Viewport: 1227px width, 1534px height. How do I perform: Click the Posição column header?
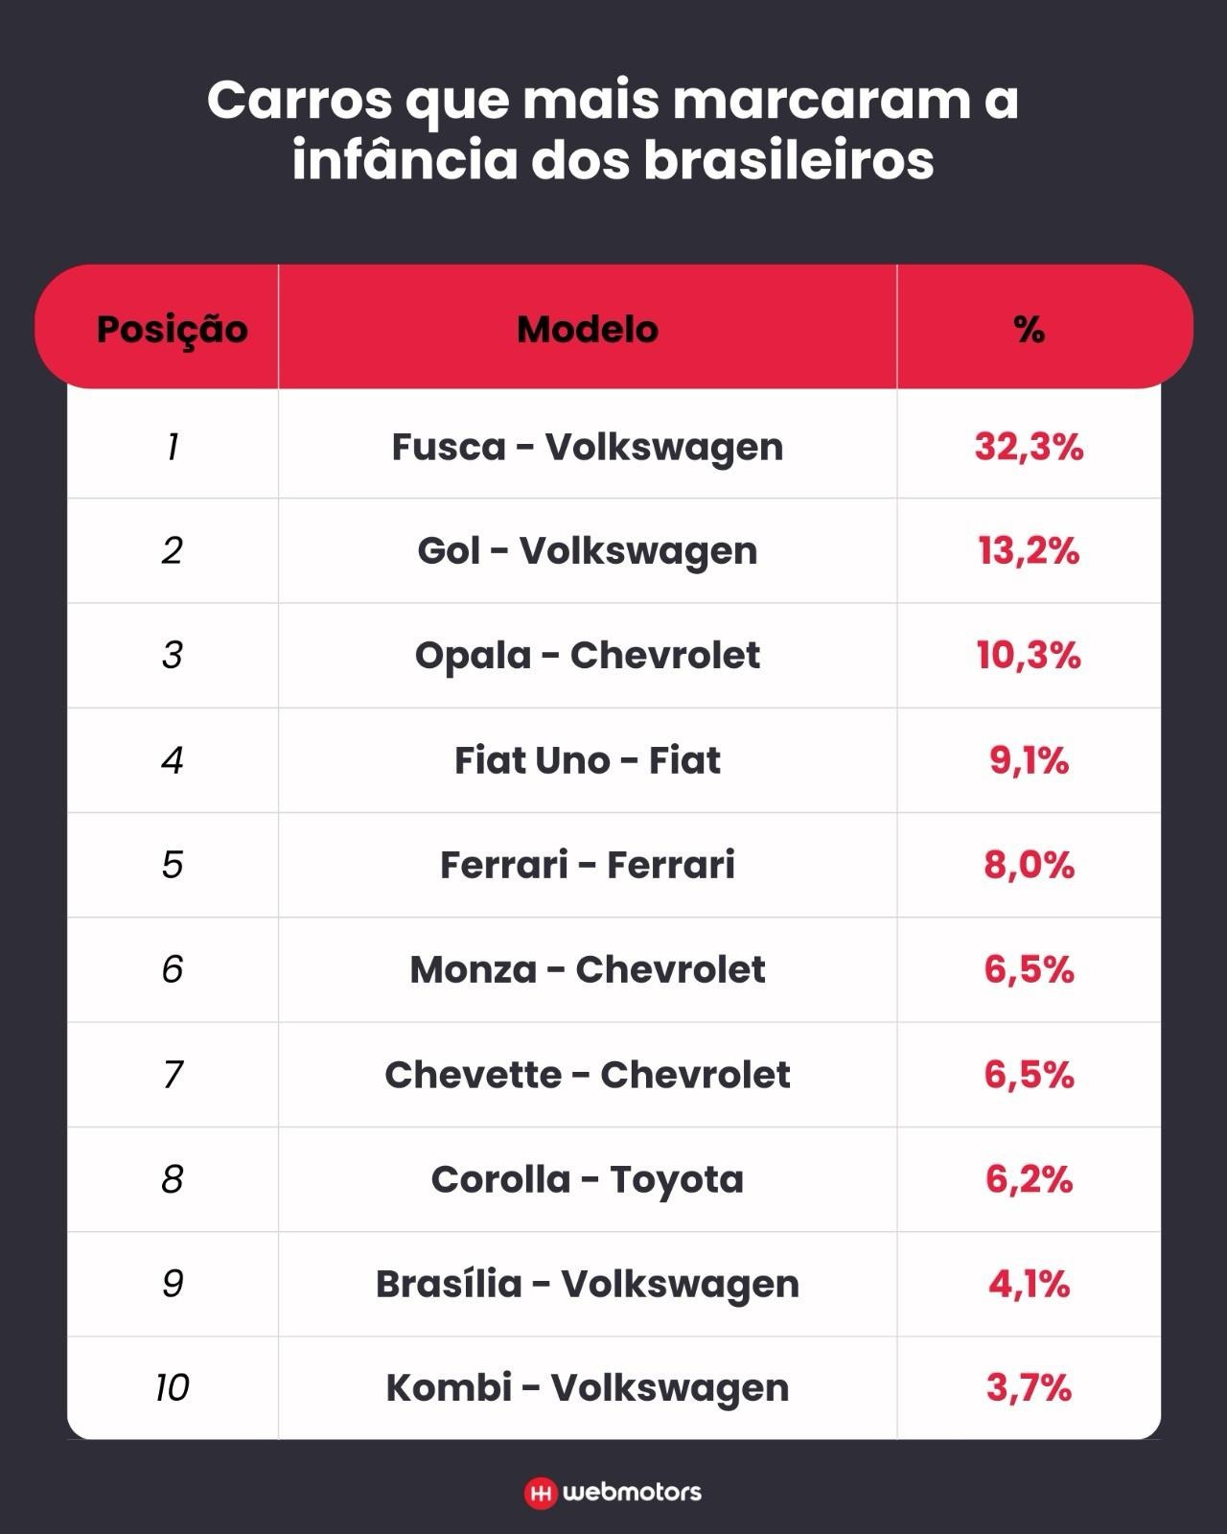(172, 330)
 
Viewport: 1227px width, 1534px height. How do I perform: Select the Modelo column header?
(587, 330)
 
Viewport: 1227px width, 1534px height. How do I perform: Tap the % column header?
(1029, 330)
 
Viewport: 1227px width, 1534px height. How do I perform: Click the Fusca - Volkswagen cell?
(587, 447)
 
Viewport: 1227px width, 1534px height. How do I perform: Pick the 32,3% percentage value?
(1029, 447)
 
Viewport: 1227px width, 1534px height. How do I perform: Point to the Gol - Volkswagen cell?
(587, 551)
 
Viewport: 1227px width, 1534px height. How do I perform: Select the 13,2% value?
(1029, 551)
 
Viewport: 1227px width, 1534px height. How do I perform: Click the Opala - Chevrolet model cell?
(587, 656)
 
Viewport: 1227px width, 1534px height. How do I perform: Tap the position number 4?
(173, 760)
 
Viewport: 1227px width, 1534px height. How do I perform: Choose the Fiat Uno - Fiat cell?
(587, 760)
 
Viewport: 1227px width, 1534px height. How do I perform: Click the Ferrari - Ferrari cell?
(587, 865)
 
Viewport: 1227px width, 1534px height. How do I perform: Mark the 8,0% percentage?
(1029, 865)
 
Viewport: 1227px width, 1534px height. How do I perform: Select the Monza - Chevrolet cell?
(587, 969)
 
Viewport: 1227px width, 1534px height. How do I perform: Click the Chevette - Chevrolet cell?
(587, 1075)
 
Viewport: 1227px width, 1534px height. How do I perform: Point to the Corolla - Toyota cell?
(587, 1179)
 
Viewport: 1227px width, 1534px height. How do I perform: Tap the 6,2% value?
(1029, 1179)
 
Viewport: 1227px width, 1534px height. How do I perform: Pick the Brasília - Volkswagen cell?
(587, 1284)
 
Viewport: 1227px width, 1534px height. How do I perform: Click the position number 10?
(173, 1388)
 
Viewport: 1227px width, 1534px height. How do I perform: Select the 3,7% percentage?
(1029, 1388)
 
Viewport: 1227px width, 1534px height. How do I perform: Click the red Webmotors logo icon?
(541, 1493)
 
